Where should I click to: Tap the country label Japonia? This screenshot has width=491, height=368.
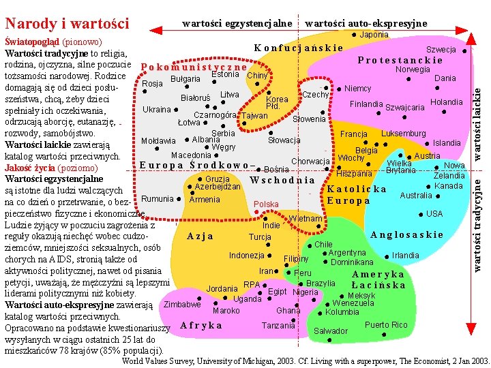[x=374, y=35]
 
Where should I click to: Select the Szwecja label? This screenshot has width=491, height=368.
[x=441, y=50]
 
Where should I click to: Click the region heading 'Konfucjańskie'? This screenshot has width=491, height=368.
[x=298, y=48]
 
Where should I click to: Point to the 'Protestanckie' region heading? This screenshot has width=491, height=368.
[x=400, y=59]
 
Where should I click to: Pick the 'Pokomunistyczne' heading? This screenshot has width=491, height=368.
[x=193, y=67]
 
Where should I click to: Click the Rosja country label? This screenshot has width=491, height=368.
[x=152, y=84]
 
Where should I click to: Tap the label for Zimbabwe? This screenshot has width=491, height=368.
[x=182, y=305]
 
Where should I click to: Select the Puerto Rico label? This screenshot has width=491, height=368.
[x=386, y=325]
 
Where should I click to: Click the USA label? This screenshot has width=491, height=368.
[x=434, y=213]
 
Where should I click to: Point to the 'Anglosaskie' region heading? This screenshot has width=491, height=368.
[x=406, y=234]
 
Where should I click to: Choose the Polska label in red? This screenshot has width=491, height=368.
[x=266, y=204]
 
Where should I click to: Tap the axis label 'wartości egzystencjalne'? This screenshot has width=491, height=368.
[x=237, y=24]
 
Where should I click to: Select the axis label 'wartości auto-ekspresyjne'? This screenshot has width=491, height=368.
[x=366, y=24]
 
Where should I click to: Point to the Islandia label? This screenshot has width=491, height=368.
[x=447, y=143]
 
